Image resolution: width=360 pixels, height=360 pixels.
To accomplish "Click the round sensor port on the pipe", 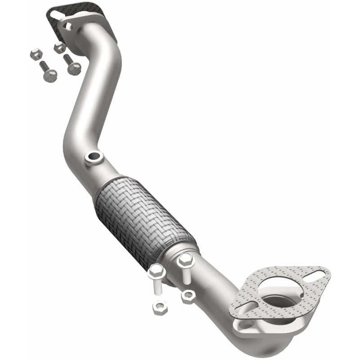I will point(94,157).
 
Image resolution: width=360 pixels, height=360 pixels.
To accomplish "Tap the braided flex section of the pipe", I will point(144,211).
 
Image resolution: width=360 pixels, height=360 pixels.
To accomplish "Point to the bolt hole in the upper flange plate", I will point(68,27).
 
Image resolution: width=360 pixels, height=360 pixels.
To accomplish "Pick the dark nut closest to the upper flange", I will point(59,48).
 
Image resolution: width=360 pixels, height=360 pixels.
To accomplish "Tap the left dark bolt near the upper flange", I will point(48,72).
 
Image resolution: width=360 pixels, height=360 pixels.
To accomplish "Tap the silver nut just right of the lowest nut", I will point(187,296).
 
